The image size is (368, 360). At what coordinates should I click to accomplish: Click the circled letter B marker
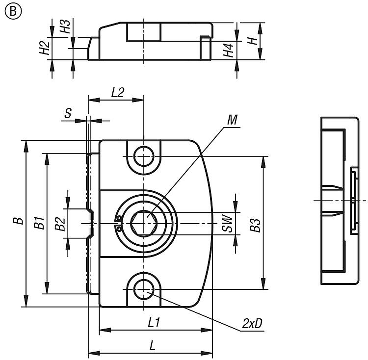click(x=9, y=11)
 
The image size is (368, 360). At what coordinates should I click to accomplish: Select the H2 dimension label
click(x=45, y=48)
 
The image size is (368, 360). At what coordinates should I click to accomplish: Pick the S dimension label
click(x=68, y=113)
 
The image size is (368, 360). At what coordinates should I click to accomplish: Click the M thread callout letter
click(x=233, y=120)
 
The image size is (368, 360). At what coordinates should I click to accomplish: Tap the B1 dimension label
click(x=39, y=223)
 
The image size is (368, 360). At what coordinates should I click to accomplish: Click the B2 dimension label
click(x=60, y=225)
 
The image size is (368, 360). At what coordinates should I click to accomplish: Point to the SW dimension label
click(x=226, y=224)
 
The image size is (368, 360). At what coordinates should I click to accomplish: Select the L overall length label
click(x=152, y=346)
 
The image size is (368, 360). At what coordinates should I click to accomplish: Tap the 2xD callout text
click(x=252, y=324)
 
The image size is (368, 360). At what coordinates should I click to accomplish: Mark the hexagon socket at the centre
click(x=144, y=224)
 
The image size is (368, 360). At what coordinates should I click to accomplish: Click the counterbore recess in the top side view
click(x=144, y=32)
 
